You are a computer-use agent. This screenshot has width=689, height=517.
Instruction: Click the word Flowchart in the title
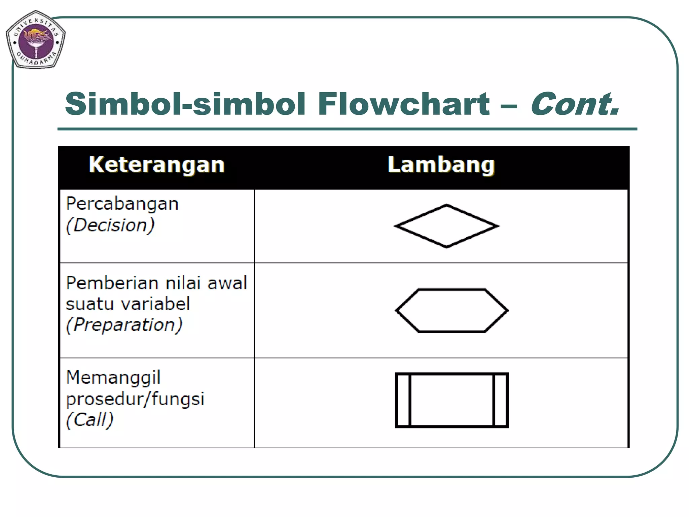[403, 104]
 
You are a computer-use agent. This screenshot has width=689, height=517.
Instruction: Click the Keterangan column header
[156, 165]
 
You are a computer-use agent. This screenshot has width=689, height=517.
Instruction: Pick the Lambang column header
[441, 165]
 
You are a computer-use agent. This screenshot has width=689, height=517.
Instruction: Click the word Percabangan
[122, 204]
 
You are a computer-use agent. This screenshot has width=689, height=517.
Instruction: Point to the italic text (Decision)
[110, 225]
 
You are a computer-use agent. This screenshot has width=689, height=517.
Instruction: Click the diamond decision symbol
[446, 226]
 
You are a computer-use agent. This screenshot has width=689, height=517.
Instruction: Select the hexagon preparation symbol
[451, 310]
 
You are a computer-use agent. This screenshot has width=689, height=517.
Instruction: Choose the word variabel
[156, 304]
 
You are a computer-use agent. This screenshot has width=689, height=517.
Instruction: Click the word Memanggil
[113, 378]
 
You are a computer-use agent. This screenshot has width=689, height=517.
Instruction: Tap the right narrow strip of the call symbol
[500, 400]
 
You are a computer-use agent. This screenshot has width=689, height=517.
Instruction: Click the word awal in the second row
[227, 283]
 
